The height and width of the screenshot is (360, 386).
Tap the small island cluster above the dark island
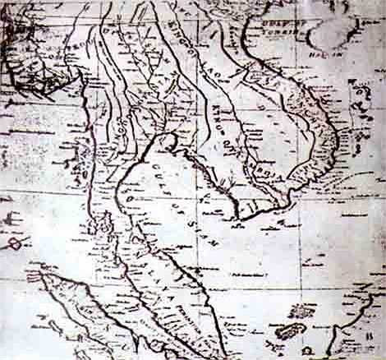(x=303, y=312)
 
